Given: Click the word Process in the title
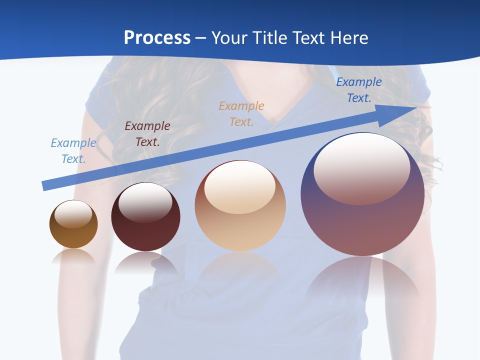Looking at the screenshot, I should [x=157, y=38].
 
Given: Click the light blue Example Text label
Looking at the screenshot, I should [x=73, y=151].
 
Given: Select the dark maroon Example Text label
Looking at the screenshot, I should [x=147, y=133].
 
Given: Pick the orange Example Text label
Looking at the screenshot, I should [x=241, y=113].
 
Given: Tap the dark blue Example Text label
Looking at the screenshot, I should [x=359, y=90].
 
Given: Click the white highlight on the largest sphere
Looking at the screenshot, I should [x=362, y=167].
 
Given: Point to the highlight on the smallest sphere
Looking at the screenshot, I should [x=73, y=214].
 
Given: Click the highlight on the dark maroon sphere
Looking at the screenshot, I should [x=145, y=201].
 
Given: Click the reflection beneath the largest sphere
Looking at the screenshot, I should [x=362, y=277].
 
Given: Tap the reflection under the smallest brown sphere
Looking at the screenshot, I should [x=73, y=257].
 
